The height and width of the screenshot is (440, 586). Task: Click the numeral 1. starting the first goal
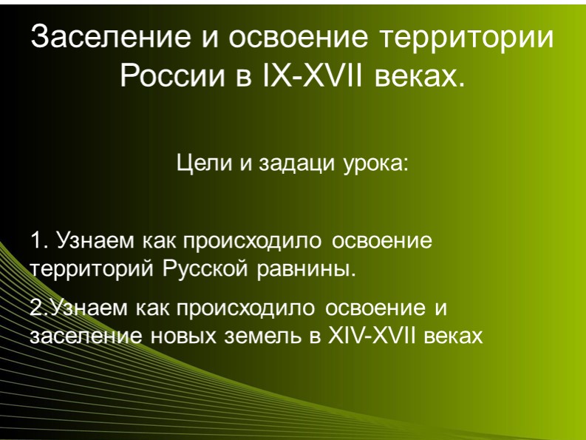pyautogui.click(x=38, y=241)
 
